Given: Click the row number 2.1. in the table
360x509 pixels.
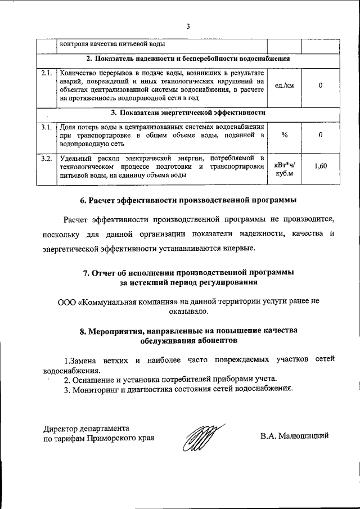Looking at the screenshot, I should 47,73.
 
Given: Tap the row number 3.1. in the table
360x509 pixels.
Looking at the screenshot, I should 47,127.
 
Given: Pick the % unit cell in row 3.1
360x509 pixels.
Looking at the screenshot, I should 285,135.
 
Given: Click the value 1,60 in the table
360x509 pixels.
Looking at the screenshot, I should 320,166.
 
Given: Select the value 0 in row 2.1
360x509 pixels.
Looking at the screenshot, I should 320,85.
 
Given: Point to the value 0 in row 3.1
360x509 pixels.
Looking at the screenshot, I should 320,135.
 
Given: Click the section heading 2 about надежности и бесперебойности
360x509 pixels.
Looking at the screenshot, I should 188,58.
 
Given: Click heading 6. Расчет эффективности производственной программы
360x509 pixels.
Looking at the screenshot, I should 188,200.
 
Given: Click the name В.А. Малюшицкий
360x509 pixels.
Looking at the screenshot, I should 294,436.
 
